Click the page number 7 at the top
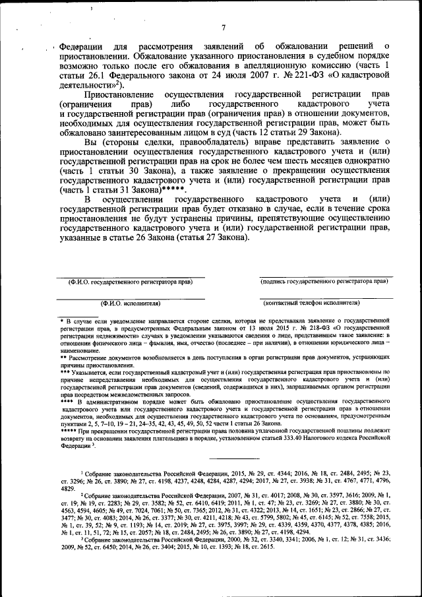pos(224,27)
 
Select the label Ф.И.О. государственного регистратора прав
pos(131,282)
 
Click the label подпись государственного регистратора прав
pos(324,281)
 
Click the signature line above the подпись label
pos(323,276)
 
